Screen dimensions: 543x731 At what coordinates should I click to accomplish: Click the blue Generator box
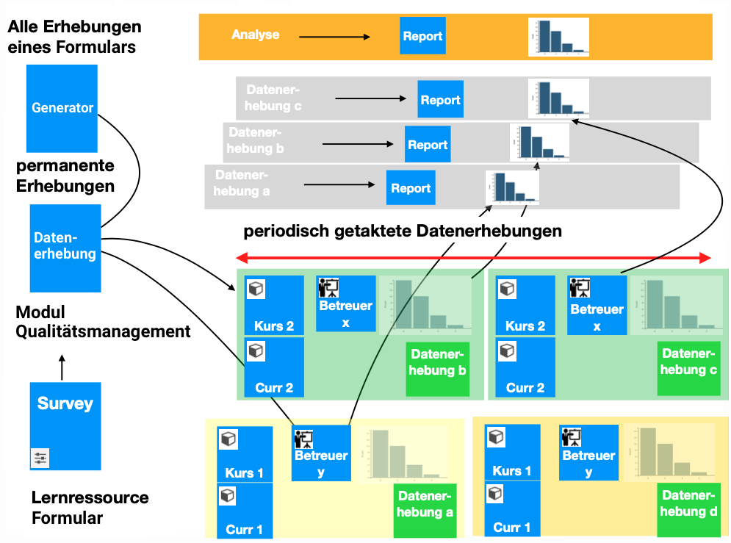coord(62,108)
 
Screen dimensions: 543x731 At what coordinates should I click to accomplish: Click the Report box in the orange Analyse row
coord(422,36)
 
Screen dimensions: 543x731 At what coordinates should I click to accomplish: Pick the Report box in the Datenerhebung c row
coord(440,99)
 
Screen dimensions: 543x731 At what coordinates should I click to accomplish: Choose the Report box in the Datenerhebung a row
coord(410,188)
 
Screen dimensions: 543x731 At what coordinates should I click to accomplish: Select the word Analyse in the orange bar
coord(255,35)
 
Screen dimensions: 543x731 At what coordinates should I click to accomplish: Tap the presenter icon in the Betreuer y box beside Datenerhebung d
coord(572,437)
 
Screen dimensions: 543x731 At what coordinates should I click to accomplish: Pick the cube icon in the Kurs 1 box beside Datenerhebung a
coord(228,439)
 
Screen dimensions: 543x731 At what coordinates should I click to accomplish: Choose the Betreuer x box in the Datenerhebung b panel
coord(346,304)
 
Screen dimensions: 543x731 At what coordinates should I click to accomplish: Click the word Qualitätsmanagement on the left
coord(103,331)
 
